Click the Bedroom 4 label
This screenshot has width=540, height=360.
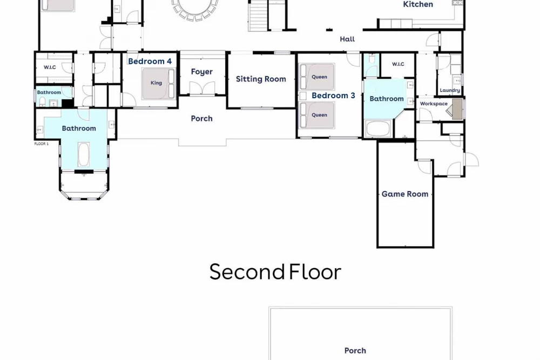(x=150, y=62)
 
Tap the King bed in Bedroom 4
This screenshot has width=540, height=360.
(x=159, y=84)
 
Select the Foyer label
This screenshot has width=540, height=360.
(x=202, y=72)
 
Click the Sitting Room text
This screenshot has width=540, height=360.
(x=261, y=79)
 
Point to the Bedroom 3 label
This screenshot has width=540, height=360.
(x=333, y=96)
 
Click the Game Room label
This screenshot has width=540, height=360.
(x=405, y=194)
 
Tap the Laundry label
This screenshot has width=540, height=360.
(x=450, y=90)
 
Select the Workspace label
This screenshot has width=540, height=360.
(x=434, y=104)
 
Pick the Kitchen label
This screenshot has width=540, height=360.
(x=418, y=4)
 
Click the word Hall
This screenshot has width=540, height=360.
(x=347, y=39)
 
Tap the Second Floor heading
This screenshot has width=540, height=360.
(x=275, y=271)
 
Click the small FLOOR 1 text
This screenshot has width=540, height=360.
(x=42, y=144)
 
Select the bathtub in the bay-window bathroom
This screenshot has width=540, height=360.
(x=84, y=154)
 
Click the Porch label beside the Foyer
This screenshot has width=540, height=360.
(x=202, y=118)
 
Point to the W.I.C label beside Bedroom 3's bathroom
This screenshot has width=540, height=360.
(x=398, y=64)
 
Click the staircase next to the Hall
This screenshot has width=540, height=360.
(x=258, y=16)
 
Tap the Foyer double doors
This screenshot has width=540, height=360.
(x=202, y=89)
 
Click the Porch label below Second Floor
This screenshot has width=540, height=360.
(x=355, y=351)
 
